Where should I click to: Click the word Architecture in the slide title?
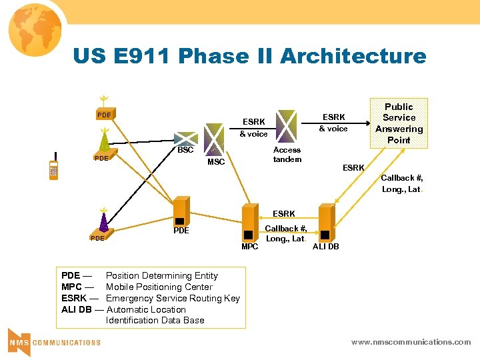[x=353, y=56]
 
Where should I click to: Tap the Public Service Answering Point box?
[x=399, y=123]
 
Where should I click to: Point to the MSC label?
[x=216, y=162]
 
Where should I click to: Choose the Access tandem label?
[x=287, y=155]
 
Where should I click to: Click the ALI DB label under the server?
[x=326, y=247]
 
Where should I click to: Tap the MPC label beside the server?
[x=249, y=247]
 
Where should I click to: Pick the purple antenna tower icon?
[x=103, y=219]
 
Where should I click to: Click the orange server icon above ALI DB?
[x=326, y=221]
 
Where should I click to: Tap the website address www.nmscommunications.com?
[x=411, y=342]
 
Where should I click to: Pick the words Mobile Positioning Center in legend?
[x=159, y=287]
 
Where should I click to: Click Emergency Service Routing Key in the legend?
[x=173, y=298]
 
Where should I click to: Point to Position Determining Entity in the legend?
[x=161, y=275]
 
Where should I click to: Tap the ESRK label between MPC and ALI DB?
[x=284, y=214]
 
